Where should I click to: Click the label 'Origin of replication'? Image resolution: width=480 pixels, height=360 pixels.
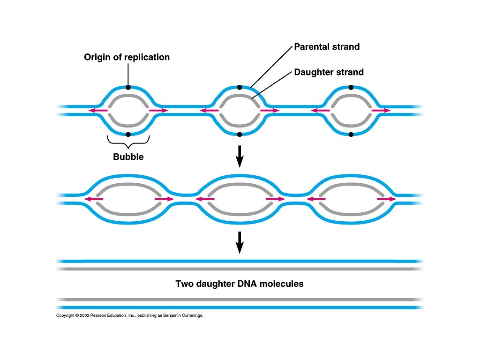127,57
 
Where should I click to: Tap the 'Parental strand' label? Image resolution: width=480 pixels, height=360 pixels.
327,47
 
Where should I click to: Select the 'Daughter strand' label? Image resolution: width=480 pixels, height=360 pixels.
329,72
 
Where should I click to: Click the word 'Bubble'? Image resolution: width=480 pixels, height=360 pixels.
128,157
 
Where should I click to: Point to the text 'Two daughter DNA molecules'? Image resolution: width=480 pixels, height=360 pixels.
240,284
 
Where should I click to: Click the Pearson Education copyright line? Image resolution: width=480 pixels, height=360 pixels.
130,315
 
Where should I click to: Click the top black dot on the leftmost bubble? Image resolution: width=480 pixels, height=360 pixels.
128,87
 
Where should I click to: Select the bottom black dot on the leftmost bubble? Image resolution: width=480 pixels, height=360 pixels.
128,134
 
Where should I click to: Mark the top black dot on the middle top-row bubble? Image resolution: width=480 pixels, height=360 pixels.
240,87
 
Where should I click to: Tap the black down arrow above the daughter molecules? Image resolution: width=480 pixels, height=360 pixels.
240,242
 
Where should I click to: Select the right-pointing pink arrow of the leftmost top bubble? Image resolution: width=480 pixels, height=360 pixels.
158,111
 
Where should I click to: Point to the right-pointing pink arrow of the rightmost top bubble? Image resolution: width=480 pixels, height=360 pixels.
381,111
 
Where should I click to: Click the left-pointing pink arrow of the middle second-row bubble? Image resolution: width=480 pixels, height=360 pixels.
205,199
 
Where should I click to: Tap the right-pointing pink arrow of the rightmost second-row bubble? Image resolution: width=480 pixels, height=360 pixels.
386,199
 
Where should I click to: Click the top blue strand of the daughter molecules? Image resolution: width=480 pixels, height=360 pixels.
240,261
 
